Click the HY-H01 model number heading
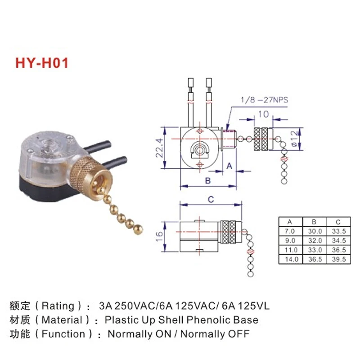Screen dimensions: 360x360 pyautogui.click(x=42, y=62)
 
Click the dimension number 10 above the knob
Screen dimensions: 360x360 pyautogui.click(x=263, y=114)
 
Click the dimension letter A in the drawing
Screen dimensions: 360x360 pyautogui.click(x=229, y=166)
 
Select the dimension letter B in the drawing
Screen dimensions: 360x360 pyautogui.click(x=207, y=181)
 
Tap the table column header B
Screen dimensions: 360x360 pyautogui.click(x=313, y=222)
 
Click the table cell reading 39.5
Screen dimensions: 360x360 pyautogui.click(x=338, y=259)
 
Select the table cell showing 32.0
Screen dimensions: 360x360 pyautogui.click(x=313, y=240)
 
